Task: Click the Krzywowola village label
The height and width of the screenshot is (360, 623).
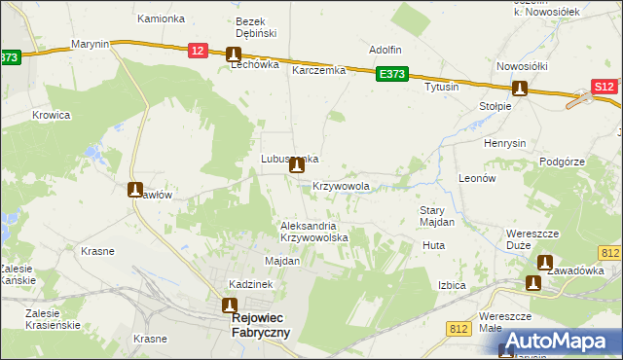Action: point(342,185)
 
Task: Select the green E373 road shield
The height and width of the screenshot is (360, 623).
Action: point(393,74)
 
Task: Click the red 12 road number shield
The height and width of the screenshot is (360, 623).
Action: point(198,52)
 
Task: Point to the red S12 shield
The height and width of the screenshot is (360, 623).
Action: point(604,88)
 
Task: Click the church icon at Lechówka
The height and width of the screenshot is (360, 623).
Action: point(234,55)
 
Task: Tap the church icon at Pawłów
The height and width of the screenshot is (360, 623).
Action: point(135,189)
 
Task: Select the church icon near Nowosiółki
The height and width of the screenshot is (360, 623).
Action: point(520,89)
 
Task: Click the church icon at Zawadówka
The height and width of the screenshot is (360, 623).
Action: point(543,263)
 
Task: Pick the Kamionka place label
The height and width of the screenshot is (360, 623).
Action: point(161,18)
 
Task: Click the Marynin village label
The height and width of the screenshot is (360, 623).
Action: point(90,45)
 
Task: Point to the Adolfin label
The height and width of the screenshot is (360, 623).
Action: point(385,50)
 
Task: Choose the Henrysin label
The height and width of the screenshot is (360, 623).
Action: point(505,143)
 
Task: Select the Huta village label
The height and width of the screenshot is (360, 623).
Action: point(433,245)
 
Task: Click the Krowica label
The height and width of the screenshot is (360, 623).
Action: point(52,114)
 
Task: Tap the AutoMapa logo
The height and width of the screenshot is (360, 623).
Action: point(553,341)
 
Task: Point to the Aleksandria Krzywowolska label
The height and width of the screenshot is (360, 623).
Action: point(313,232)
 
